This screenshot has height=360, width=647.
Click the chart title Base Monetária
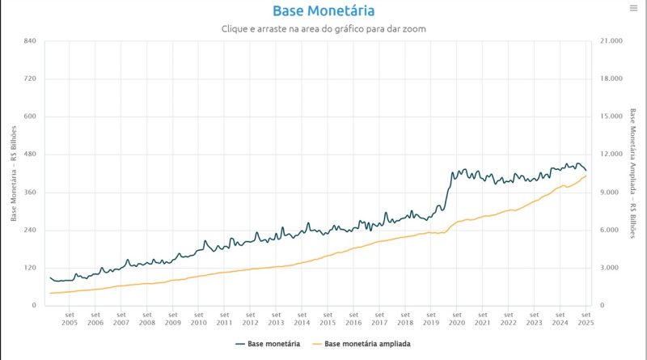point(323,11)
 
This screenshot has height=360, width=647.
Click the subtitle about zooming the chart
point(323,29)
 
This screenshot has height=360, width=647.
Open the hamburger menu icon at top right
point(633,8)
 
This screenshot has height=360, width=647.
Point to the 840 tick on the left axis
point(31,41)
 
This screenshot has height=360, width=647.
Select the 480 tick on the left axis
point(31,155)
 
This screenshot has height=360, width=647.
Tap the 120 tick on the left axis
point(31,268)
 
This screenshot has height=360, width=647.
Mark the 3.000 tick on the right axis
point(609,268)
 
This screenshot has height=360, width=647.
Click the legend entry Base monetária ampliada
point(367,344)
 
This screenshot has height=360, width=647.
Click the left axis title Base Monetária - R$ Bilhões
point(14,173)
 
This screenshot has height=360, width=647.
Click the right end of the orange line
point(586,176)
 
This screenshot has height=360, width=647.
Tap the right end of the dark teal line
point(586,170)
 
